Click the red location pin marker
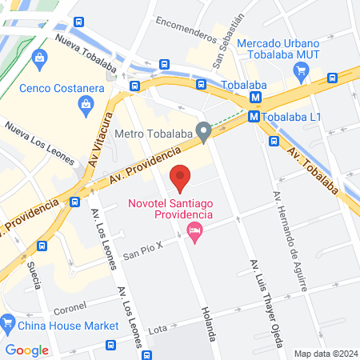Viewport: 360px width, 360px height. point(181,177)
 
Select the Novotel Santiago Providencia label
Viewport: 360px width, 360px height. point(171,209)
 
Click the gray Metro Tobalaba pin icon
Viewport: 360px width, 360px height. point(205,131)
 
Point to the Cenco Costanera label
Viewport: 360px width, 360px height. point(53,88)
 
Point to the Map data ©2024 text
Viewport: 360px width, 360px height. point(324,354)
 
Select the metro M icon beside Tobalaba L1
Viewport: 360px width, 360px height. point(253,117)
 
